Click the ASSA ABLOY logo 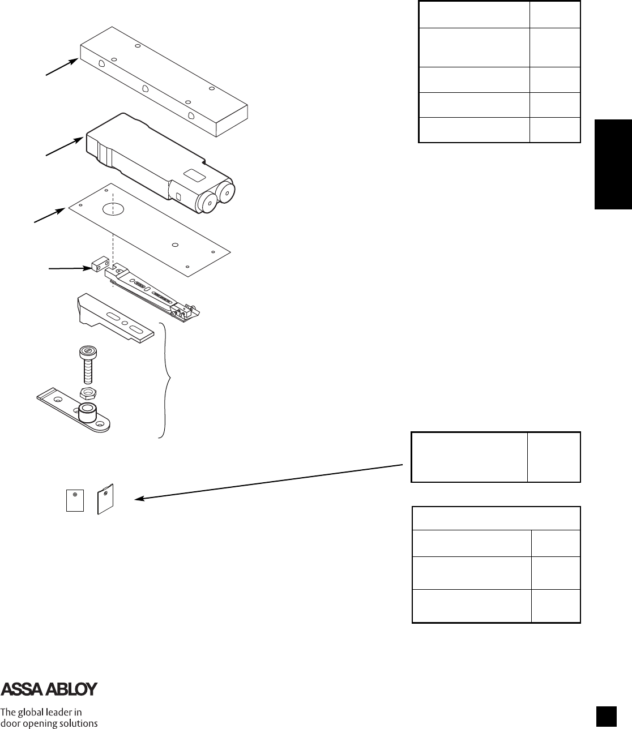click(49, 689)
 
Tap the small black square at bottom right click(605, 715)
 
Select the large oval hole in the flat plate click(113, 209)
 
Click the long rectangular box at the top click(164, 82)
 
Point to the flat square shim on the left click(75, 501)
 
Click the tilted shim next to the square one click(105, 499)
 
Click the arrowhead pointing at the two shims click(138, 499)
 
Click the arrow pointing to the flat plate click(51, 216)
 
